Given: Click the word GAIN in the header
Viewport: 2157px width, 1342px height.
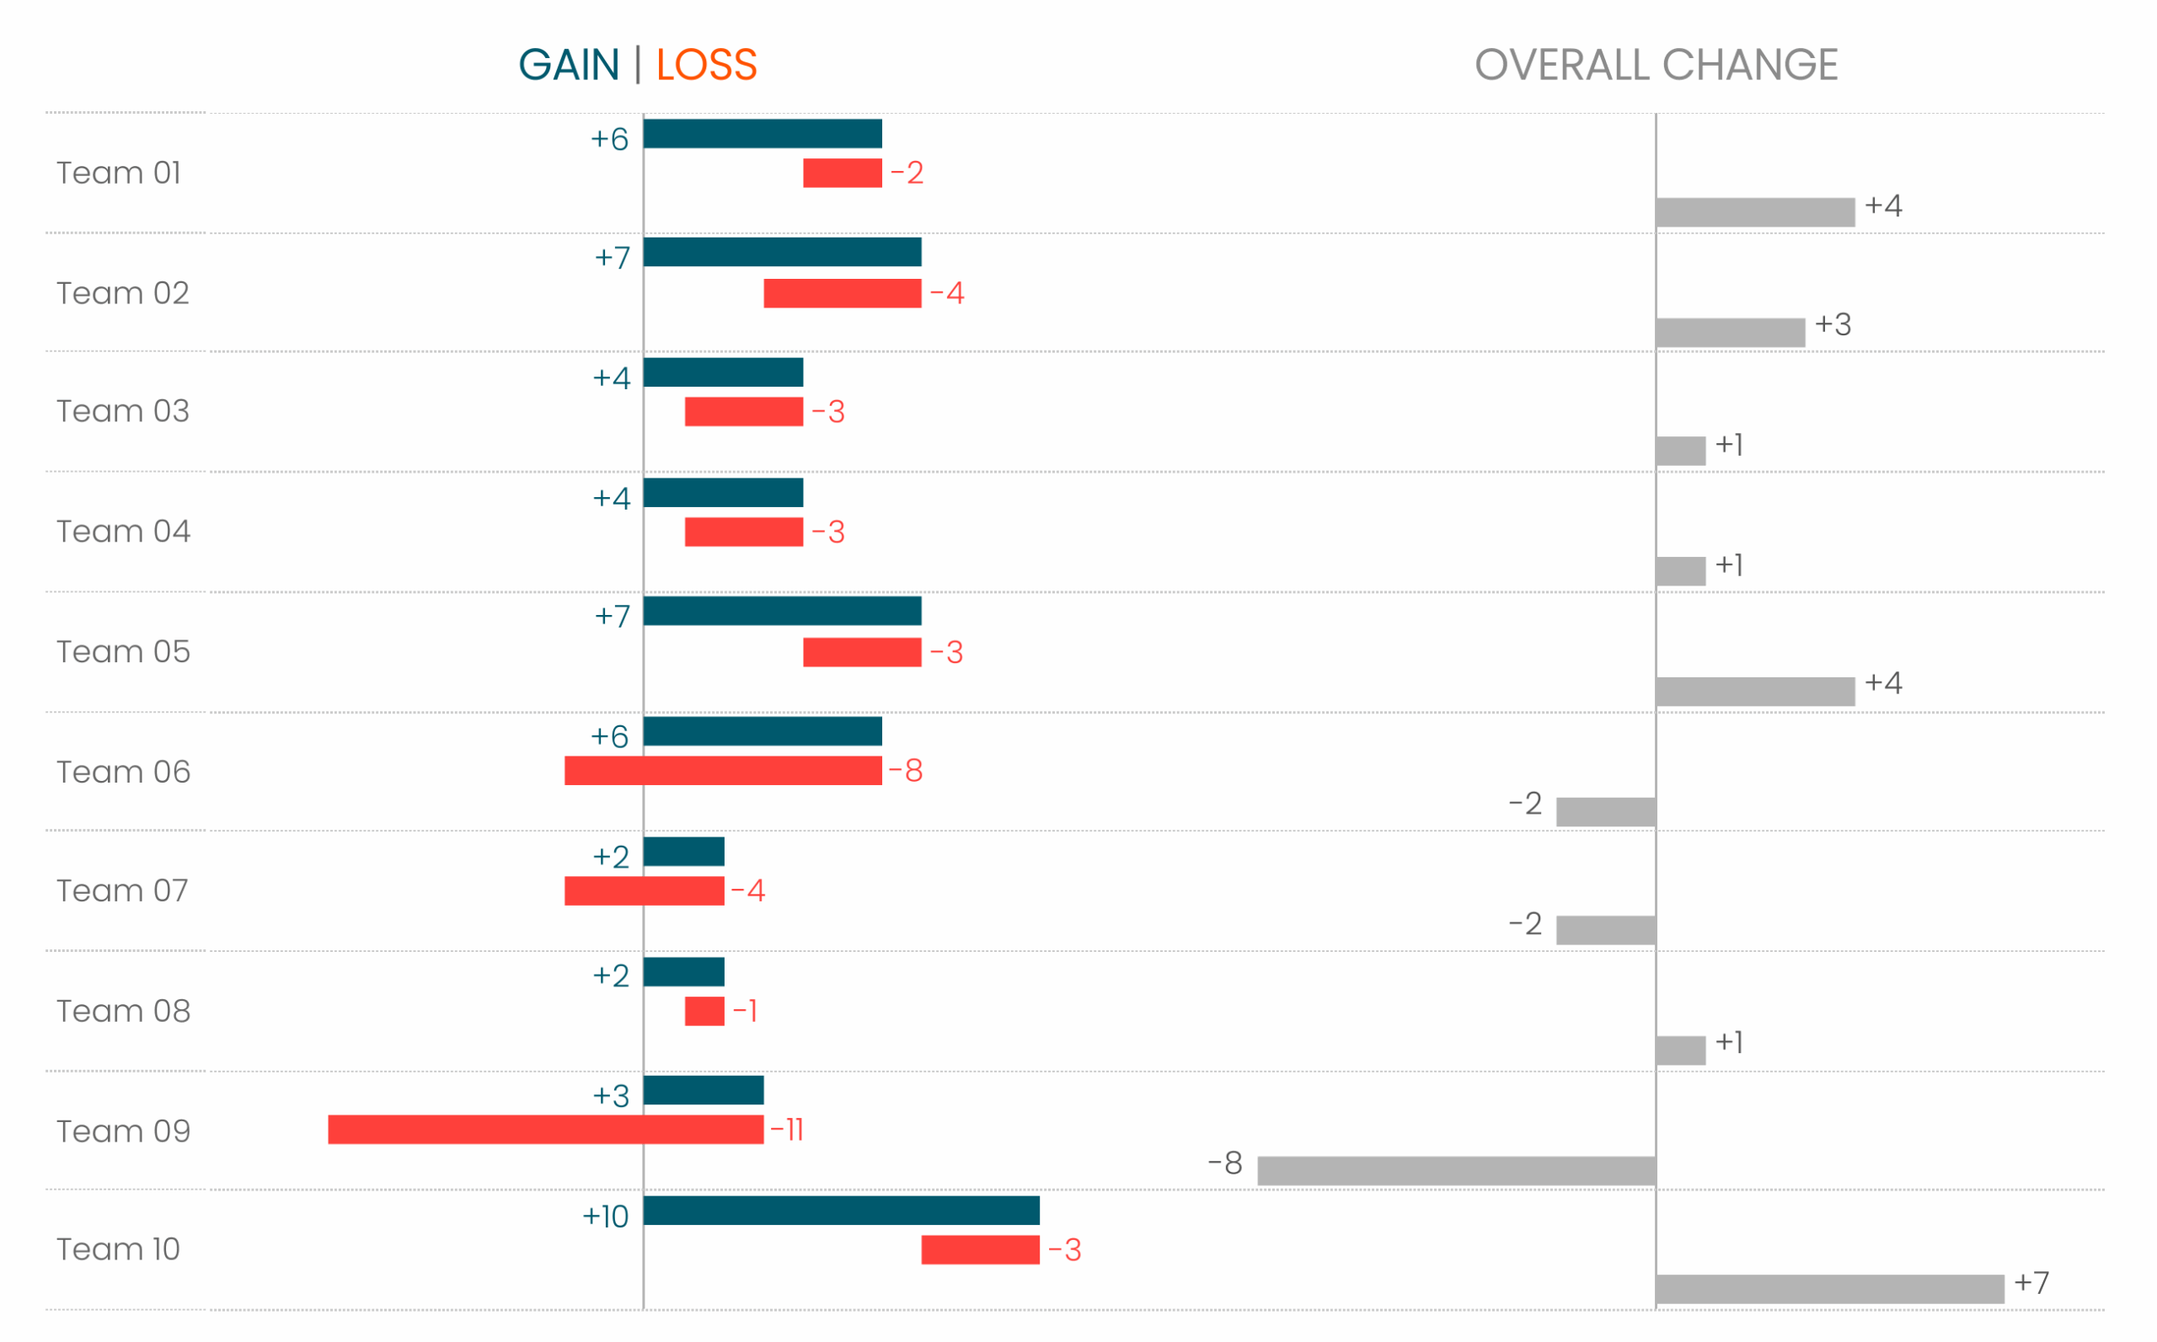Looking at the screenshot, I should pyautogui.click(x=568, y=65).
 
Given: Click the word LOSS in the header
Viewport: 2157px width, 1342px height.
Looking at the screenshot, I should pyautogui.click(x=707, y=65).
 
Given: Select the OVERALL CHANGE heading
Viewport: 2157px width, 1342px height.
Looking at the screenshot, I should pyautogui.click(x=1657, y=65).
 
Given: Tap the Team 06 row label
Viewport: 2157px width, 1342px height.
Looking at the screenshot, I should pyautogui.click(x=123, y=773).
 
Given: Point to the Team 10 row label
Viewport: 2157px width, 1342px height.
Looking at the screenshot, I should pyautogui.click(x=118, y=1249).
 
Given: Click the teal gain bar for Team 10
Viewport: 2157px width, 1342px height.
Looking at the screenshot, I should pyautogui.click(x=842, y=1211).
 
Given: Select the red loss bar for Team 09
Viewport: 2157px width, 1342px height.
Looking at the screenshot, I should pyautogui.click(x=546, y=1130).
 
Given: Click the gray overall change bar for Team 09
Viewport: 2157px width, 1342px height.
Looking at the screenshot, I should pyautogui.click(x=1457, y=1171).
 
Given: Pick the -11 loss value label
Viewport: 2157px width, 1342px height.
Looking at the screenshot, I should pyautogui.click(x=787, y=1130).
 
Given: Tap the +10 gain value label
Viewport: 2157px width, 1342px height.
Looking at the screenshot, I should pyautogui.click(x=605, y=1216).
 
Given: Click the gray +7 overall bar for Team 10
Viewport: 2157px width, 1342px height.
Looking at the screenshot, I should pyautogui.click(x=1830, y=1290).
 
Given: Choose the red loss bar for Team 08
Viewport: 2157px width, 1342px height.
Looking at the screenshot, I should pyautogui.click(x=704, y=1011).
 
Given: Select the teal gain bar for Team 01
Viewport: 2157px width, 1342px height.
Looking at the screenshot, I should pyautogui.click(x=763, y=134).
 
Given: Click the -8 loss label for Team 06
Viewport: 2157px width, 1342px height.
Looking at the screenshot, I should pyautogui.click(x=907, y=770).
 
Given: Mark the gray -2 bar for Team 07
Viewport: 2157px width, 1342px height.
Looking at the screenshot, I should pyautogui.click(x=1606, y=930).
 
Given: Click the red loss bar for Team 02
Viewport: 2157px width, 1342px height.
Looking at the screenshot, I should pyautogui.click(x=843, y=294).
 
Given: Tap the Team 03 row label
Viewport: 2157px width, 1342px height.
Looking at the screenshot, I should pyautogui.click(x=123, y=411).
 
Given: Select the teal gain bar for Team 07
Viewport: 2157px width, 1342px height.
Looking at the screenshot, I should pyautogui.click(x=683, y=851).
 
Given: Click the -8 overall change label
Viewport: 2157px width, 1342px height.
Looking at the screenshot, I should pyautogui.click(x=1226, y=1163).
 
